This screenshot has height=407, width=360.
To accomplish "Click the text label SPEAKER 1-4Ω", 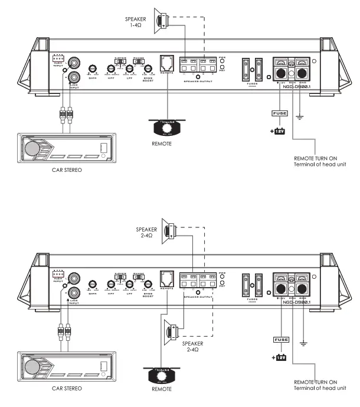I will pyautogui.click(x=135, y=22).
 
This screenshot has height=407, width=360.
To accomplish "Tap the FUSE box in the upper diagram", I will pyautogui.click(x=279, y=113).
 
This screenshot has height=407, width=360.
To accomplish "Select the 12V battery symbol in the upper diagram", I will pyautogui.click(x=277, y=131).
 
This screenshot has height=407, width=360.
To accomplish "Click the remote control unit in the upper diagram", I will pyautogui.click(x=168, y=127).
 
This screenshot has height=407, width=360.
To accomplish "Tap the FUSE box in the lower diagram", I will pyautogui.click(x=280, y=340).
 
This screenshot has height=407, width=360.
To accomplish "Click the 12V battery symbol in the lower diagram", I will pyautogui.click(x=279, y=358).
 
